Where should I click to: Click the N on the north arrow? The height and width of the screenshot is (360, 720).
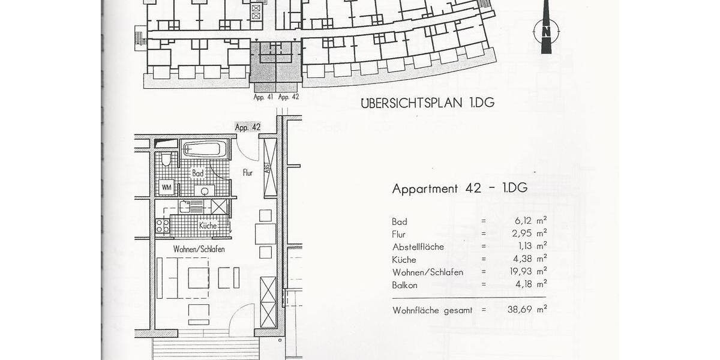(x=546, y=31)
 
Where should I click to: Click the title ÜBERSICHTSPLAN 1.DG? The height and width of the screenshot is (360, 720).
(x=427, y=103)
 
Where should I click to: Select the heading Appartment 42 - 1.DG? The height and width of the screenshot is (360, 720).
(x=460, y=188)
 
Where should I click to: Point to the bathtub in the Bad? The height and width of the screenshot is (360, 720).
(x=204, y=148)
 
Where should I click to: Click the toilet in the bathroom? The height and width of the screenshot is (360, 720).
(x=166, y=160)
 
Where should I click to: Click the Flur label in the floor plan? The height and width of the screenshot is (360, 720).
(x=247, y=173)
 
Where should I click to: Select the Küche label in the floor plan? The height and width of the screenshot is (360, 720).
(x=208, y=226)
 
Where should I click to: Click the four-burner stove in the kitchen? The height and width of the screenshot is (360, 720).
(x=163, y=226)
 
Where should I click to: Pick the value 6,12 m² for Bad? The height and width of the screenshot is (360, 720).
(x=526, y=221)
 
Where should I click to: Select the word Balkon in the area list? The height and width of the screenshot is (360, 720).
(x=404, y=285)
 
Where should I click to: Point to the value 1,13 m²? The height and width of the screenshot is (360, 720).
(x=526, y=247)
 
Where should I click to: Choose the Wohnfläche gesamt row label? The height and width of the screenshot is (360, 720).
(x=432, y=310)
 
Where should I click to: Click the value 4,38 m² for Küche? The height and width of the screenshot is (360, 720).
(x=526, y=259)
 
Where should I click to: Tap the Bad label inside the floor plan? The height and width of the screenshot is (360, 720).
(x=198, y=173)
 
